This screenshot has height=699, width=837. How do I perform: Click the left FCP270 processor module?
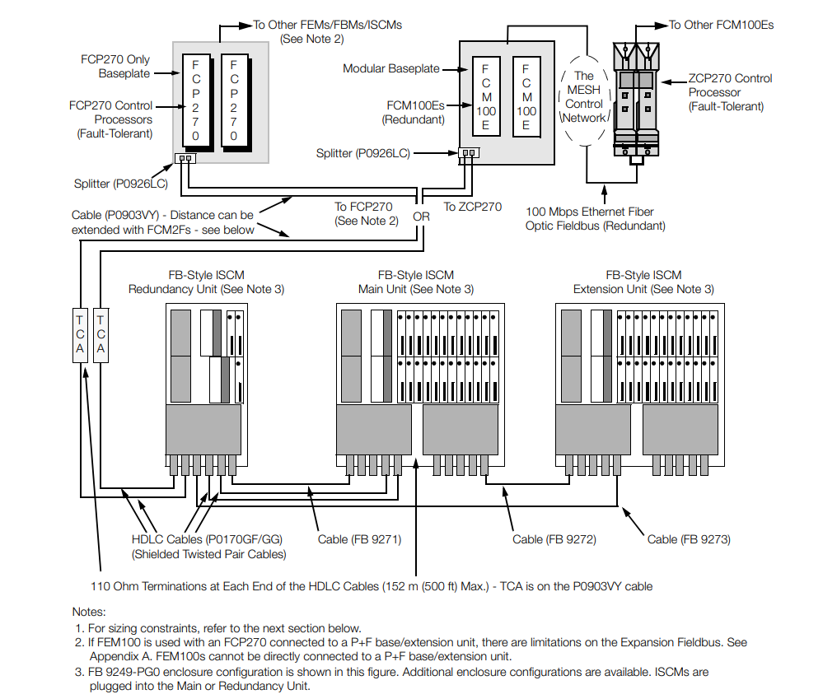(x=195, y=100)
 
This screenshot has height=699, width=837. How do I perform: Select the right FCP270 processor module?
(x=233, y=100)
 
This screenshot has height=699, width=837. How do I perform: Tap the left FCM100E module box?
(x=486, y=96)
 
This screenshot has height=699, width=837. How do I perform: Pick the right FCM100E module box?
(x=526, y=96)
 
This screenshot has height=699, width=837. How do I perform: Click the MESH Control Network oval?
(x=583, y=97)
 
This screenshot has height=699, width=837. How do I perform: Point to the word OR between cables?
(x=421, y=217)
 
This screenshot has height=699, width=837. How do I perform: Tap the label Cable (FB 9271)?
(x=359, y=539)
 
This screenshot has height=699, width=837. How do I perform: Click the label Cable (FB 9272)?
(x=554, y=539)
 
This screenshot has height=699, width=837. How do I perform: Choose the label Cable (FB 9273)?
(x=689, y=539)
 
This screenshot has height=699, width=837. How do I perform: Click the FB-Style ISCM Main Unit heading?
(x=415, y=282)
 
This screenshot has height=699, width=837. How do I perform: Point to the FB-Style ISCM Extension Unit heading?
(x=643, y=282)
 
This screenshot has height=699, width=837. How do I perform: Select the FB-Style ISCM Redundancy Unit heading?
(x=206, y=282)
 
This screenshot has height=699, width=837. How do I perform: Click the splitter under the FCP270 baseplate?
(x=186, y=159)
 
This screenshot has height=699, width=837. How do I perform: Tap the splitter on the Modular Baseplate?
(x=468, y=153)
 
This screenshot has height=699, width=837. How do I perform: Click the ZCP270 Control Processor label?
(x=730, y=92)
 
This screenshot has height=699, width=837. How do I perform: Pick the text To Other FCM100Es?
(x=721, y=25)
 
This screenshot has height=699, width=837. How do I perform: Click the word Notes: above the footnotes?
(x=89, y=612)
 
